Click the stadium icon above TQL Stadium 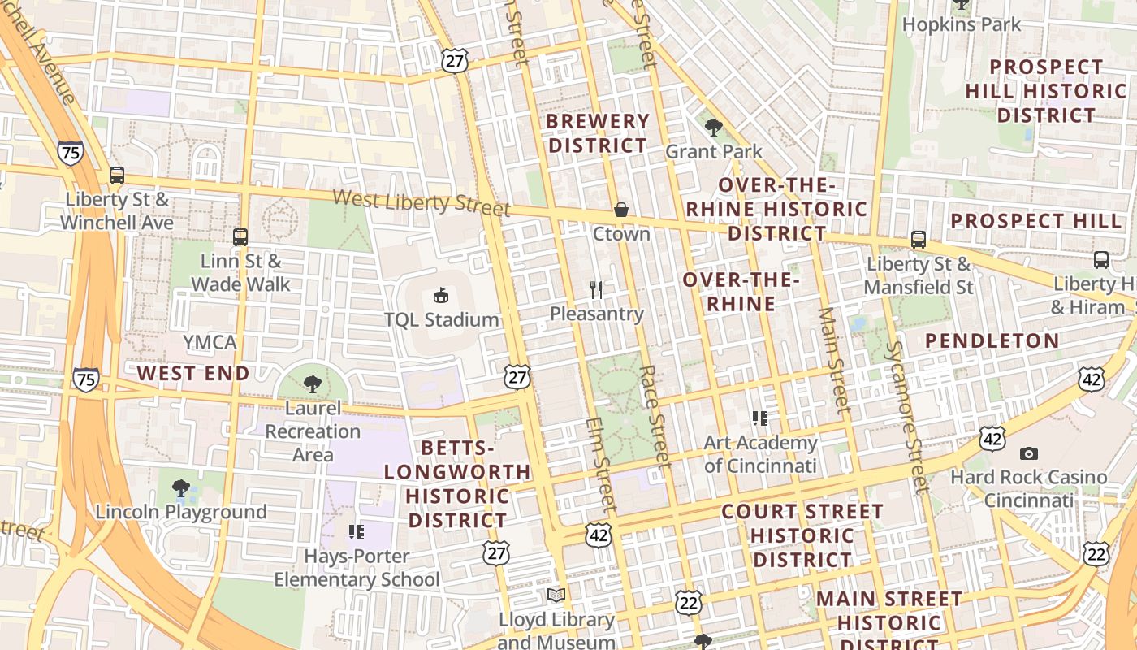pos(441,295)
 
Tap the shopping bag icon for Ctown pos(621,210)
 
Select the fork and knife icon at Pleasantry pos(597,289)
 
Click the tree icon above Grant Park pos(714,127)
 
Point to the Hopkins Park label pos(962,24)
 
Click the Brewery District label pos(598,133)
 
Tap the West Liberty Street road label pos(421,201)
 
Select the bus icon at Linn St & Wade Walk pos(240,237)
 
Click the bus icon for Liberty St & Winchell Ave pos(117,175)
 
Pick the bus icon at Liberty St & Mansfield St pos(919,240)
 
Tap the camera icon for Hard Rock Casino pos(1029,453)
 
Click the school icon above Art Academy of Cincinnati pos(760,418)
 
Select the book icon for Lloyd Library pos(556,596)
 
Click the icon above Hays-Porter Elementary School pos(356,532)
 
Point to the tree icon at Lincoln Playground pos(181,488)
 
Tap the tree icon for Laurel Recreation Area pos(313,384)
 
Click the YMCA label pos(210,342)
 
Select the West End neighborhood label pos(193,373)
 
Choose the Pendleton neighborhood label pos(992,340)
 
